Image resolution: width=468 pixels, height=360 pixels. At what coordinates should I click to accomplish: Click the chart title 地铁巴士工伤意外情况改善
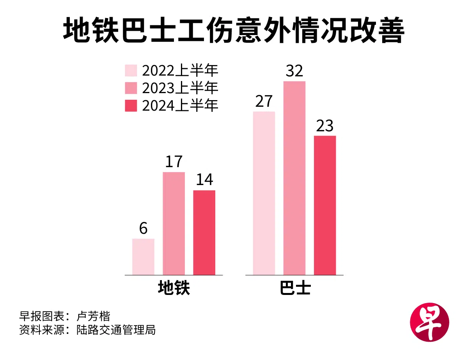(234, 31)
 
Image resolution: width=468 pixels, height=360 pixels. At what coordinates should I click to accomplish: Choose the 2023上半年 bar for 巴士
(294, 178)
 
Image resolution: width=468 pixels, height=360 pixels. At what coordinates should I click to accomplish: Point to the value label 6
(143, 229)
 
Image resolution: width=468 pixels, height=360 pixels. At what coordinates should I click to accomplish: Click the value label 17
(174, 162)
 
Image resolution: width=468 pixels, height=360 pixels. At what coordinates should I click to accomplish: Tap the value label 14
(204, 180)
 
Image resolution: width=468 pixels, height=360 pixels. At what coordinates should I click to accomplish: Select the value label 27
(264, 101)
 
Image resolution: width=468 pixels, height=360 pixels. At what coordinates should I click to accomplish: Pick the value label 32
(294, 71)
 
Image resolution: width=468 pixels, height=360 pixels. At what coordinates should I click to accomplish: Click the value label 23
(325, 126)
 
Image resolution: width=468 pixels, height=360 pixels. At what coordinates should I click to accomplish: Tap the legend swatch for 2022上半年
(131, 71)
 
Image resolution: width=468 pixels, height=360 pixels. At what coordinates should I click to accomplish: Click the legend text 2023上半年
(180, 88)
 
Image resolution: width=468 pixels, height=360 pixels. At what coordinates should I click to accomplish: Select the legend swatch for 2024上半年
(131, 106)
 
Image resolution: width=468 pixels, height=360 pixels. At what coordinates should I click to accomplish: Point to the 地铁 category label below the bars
(174, 288)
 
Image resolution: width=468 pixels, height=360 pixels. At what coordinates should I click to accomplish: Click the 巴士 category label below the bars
(295, 288)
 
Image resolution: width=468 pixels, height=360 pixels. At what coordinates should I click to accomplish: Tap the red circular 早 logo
(429, 323)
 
